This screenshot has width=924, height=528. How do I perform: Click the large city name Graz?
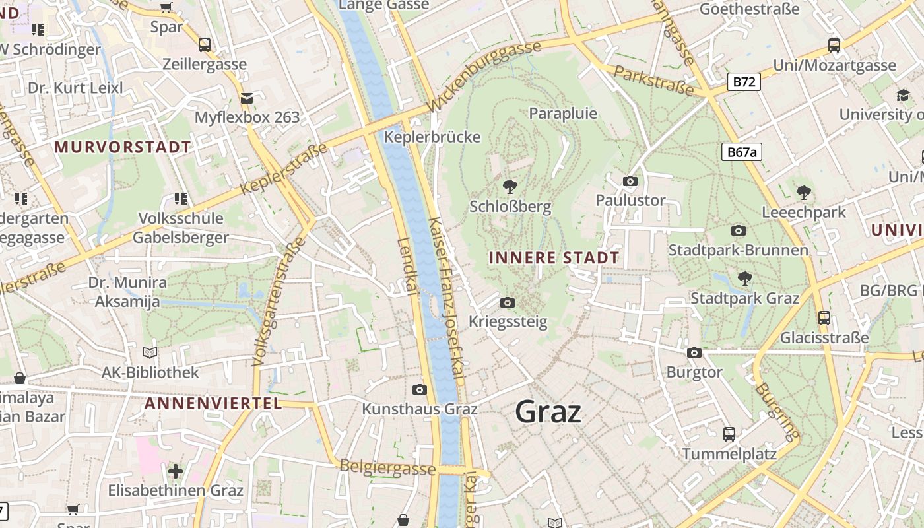(548, 412)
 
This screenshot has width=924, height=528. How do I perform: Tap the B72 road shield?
(744, 82)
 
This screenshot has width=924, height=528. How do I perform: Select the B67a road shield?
(741, 152)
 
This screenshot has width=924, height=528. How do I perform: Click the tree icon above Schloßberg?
(510, 187)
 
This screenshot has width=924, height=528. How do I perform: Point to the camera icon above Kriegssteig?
(507, 302)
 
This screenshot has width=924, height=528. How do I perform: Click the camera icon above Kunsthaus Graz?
(419, 389)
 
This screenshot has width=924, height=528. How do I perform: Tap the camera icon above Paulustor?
(630, 181)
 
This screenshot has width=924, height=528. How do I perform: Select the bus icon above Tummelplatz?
(729, 434)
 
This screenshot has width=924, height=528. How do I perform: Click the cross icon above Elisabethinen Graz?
(176, 471)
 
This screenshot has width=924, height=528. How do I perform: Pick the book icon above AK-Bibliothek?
(150, 352)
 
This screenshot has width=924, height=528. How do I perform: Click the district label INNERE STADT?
(554, 258)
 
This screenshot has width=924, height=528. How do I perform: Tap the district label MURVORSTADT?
(123, 147)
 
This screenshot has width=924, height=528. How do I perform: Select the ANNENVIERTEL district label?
(213, 403)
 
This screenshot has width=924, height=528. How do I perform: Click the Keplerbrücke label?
(432, 137)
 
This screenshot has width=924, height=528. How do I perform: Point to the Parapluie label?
(563, 114)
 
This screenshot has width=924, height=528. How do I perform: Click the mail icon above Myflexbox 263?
(247, 98)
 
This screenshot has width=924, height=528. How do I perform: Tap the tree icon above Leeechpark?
(803, 193)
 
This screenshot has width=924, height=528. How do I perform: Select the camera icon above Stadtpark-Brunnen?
(739, 230)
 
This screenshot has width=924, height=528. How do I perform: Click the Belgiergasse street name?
(387, 467)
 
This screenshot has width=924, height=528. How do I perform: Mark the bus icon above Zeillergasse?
(205, 45)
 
